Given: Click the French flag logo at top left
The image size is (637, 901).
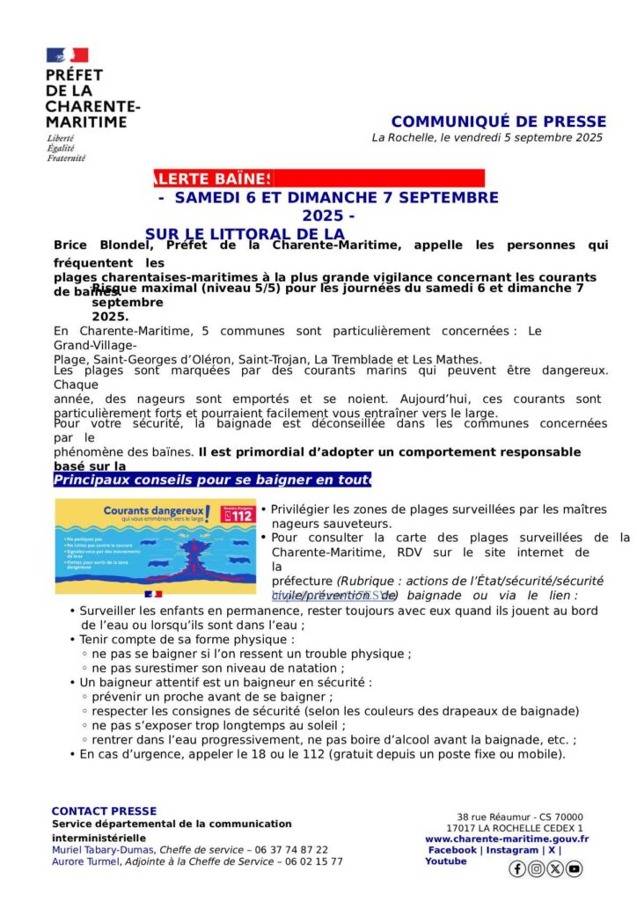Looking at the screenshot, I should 67,55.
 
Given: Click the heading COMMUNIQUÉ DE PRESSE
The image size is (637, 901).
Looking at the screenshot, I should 498,121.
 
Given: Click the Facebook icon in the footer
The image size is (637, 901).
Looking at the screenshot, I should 517,868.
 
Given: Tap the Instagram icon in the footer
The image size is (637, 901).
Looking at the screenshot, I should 536,868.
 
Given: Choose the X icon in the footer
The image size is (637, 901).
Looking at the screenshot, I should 555,868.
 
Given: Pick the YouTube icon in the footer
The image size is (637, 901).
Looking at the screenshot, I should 574,868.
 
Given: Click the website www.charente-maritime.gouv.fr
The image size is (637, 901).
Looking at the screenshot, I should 507,839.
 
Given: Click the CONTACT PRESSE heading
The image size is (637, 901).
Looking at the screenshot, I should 104,810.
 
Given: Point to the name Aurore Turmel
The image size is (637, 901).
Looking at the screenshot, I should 84,861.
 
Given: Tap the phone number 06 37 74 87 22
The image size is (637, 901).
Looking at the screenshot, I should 291,849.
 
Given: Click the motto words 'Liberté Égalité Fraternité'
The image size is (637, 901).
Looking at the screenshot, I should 67,148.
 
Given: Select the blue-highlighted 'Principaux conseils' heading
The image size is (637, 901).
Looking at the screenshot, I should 211,480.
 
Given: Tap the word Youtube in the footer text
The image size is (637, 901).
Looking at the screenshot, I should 446,861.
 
